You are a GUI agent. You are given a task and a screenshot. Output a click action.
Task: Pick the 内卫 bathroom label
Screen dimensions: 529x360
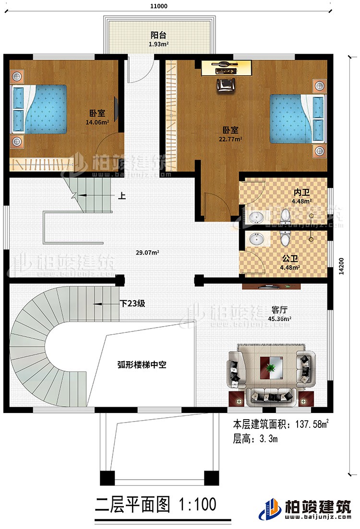(x=303, y=193)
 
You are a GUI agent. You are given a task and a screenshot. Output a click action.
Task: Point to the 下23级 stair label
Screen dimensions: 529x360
(x=133, y=303)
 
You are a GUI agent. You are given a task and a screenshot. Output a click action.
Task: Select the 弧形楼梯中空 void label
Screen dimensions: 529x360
(x=142, y=365)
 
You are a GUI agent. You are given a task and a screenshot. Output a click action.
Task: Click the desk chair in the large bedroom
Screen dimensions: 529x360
(x=224, y=84)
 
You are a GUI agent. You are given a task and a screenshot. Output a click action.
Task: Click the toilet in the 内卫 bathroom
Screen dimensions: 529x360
(x=286, y=216)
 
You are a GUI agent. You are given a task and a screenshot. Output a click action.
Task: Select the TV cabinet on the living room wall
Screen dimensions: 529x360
(x=271, y=287)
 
